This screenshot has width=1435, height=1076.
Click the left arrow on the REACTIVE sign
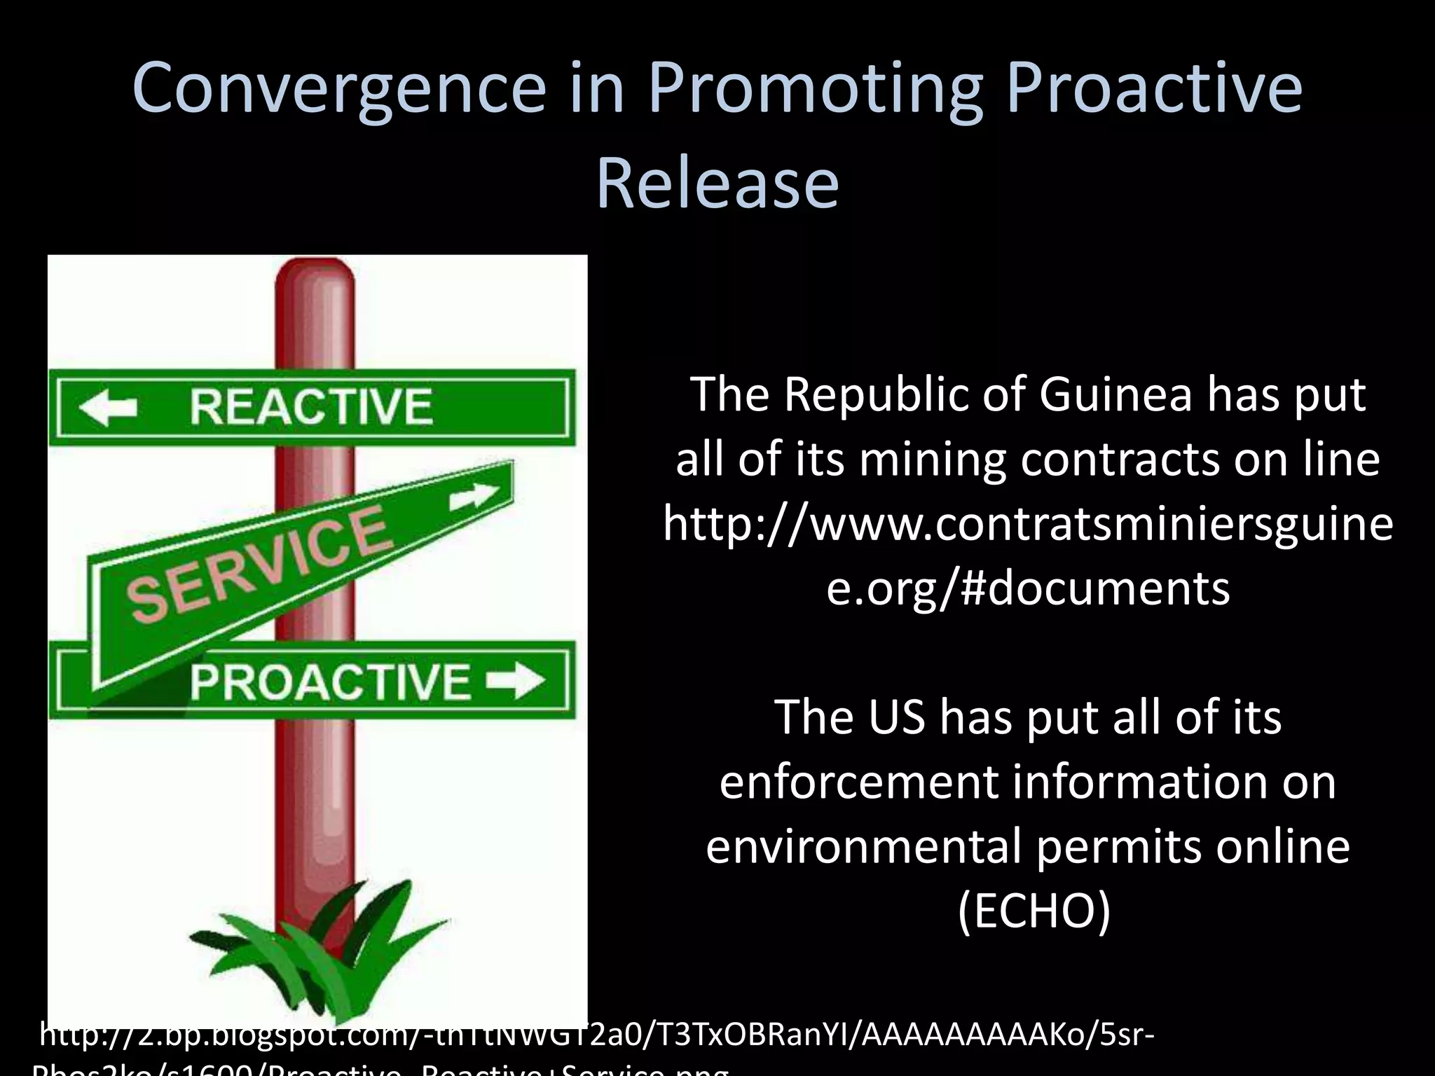109,407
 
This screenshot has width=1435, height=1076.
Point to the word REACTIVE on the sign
311,407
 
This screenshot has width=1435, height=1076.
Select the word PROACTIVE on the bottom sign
330,681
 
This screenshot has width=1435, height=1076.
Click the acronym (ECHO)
1034,911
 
